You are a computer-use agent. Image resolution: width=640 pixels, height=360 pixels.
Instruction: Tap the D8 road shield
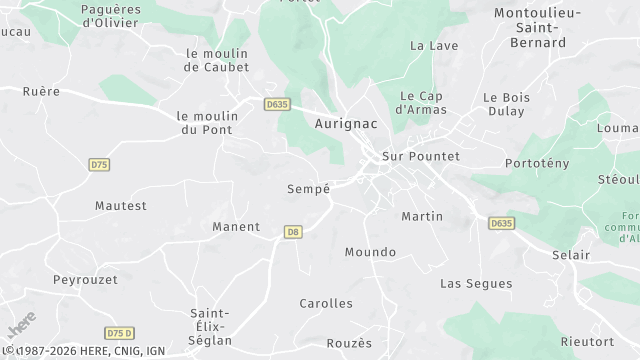[292, 232]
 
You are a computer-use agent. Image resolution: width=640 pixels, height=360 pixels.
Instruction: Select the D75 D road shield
[119, 333]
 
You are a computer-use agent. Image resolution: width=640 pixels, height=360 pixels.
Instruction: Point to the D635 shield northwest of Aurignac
[277, 103]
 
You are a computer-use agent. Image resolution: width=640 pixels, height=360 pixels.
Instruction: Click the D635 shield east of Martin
[502, 223]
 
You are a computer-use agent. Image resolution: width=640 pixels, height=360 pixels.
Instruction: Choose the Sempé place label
[308, 188]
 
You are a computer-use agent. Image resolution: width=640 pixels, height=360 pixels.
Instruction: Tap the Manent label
[236, 227]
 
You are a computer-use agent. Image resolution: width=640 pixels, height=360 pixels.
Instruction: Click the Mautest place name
[121, 206]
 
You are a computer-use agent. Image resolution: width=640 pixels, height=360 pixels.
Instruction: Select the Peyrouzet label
[86, 279]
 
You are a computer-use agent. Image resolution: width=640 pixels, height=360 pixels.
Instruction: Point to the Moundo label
[370, 252]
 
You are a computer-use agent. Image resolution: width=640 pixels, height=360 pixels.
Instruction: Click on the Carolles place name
[326, 303]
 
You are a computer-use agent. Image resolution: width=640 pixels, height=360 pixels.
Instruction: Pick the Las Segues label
[476, 284]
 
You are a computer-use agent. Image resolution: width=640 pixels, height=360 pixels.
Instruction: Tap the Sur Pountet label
[421, 157]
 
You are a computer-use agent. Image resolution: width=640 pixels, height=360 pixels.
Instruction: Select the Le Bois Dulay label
[505, 105]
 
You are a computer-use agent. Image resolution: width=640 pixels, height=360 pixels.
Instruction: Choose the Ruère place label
[41, 91]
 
